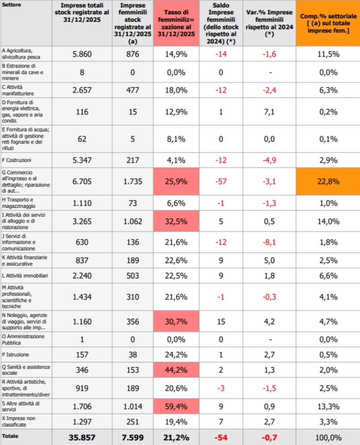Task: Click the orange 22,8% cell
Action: [328, 181]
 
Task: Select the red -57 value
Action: [221, 181]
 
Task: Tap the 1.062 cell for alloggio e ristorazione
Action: [132, 221]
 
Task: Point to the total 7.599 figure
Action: [132, 437]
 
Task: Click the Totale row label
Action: [10, 436]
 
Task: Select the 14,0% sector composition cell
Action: [328, 221]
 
